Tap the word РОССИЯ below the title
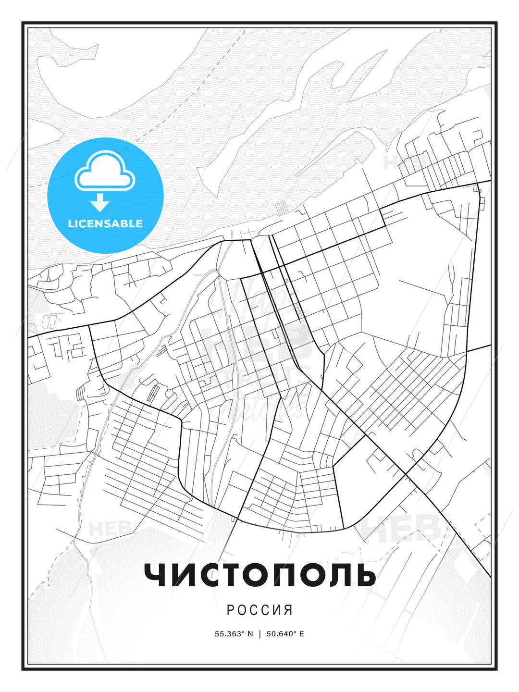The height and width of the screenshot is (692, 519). [x=259, y=610]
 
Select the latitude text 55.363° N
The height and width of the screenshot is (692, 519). [x=234, y=634]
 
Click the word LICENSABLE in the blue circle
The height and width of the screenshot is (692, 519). [x=105, y=224]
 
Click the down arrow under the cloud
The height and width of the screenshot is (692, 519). [x=100, y=203]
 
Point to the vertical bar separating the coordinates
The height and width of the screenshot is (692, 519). [x=260, y=634]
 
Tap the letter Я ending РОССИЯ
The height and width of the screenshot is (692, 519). [x=288, y=610]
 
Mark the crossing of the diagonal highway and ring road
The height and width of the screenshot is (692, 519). [x=406, y=474]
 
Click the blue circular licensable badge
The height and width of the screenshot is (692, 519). [x=105, y=195]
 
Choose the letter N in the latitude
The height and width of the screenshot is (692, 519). [x=250, y=634]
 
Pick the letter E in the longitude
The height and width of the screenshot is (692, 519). [x=301, y=634]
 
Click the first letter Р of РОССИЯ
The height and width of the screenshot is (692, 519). [x=230, y=610]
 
